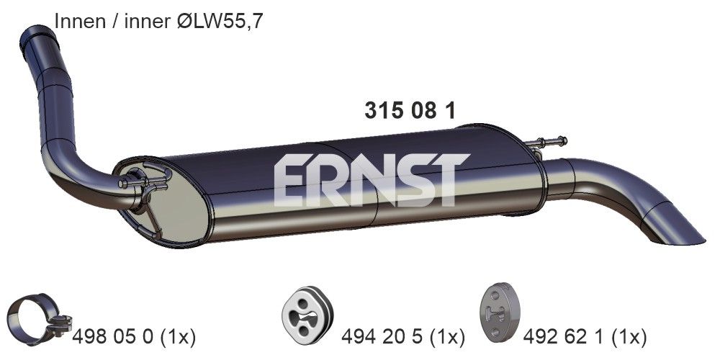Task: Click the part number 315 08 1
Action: pyautogui.click(x=409, y=111)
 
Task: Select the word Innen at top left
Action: pyautogui.click(x=77, y=22)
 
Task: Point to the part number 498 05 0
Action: pyautogui.click(x=112, y=336)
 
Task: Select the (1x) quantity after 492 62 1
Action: pyautogui.click(x=626, y=336)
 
